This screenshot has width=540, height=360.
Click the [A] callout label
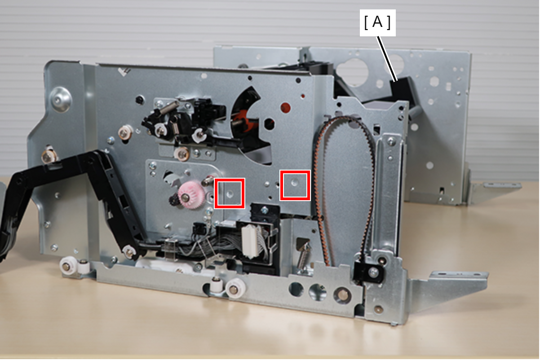pos(377,22)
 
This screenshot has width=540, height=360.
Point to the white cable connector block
pos(251,241)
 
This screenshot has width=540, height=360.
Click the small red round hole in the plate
pos(286,107)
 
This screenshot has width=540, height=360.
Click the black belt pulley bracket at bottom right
pos(368,271)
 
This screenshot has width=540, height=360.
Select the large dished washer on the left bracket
pos(60,100)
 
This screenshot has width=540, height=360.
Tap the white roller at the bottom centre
pos(235,289)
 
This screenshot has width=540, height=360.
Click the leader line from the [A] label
pos(387,59)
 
